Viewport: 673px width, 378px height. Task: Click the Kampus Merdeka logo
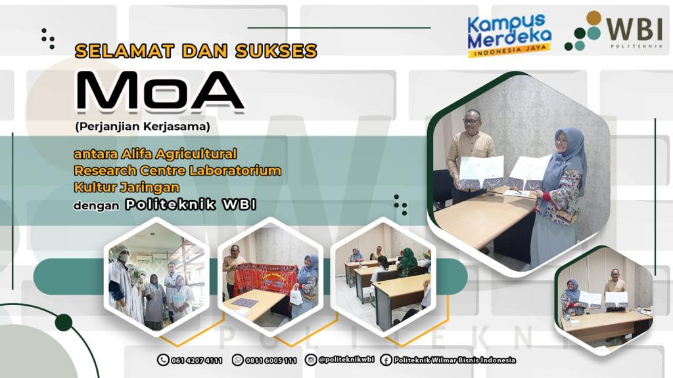pos(509,36)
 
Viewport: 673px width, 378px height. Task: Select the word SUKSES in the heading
pos(276,51)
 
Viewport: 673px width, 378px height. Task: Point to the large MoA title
pos(160,91)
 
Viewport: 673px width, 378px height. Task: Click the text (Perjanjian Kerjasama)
pos(143,127)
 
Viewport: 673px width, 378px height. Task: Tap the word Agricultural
pos(196,154)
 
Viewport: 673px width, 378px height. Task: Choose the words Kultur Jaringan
pos(127,187)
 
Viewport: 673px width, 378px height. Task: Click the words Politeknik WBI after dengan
pos(191,205)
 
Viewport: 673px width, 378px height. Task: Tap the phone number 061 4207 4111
pos(197,360)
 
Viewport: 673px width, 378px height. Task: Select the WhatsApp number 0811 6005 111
pos(271,360)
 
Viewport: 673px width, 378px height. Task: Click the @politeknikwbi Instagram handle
pos(346,360)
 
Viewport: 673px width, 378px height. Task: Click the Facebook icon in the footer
pos(386,360)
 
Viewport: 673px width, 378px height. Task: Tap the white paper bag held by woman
pos(296,296)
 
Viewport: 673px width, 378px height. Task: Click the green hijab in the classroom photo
pos(407,259)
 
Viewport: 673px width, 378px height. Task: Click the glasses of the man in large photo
pos(471,121)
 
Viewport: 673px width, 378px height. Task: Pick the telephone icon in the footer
pos(163,360)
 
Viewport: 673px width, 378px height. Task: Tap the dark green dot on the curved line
pos(64,322)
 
